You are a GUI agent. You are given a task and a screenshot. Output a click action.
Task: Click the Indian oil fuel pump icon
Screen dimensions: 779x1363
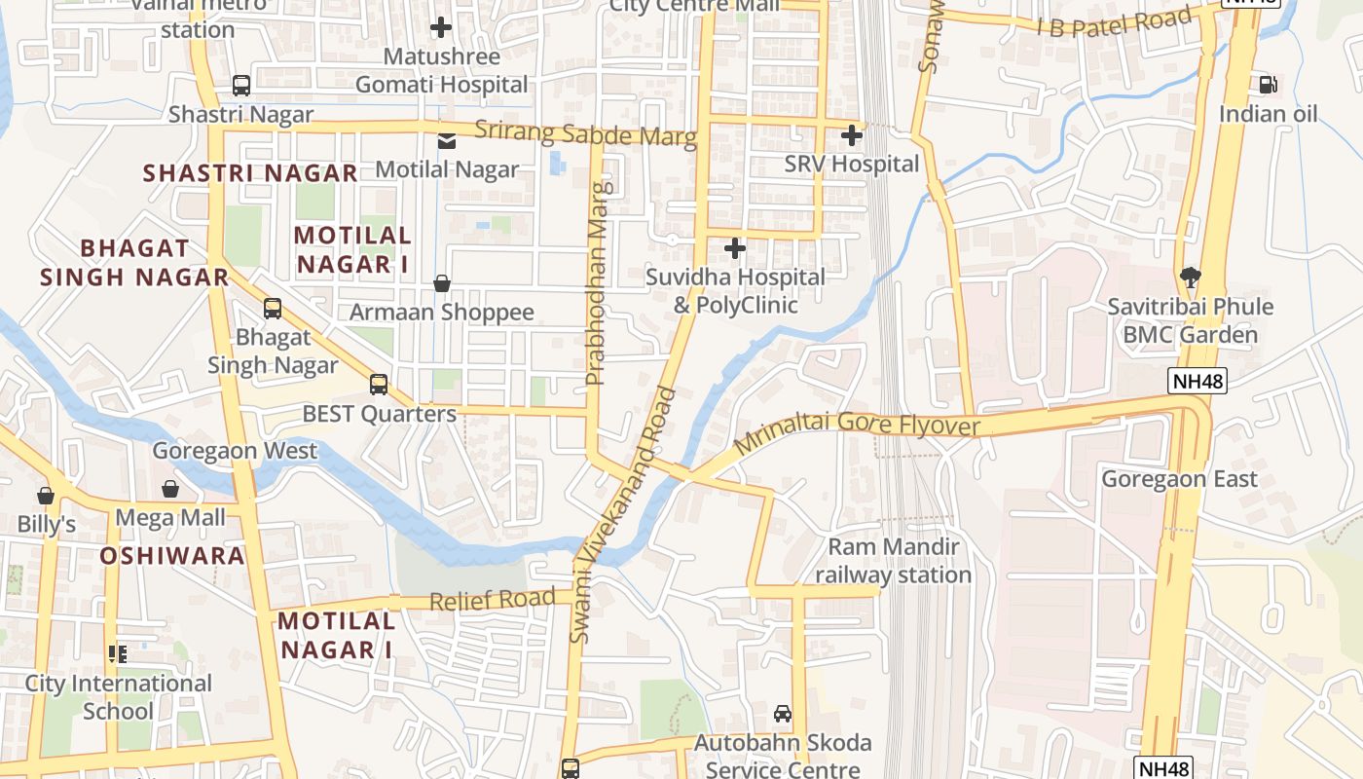1268,85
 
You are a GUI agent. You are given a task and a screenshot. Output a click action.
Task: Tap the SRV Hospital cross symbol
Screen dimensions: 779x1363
852,134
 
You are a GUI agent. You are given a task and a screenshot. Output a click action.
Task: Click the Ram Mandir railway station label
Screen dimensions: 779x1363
893,561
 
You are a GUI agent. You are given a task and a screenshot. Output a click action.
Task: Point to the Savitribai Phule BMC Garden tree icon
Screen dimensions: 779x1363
1190,278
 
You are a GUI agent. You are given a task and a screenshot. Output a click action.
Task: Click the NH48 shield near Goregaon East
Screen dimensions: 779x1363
1197,381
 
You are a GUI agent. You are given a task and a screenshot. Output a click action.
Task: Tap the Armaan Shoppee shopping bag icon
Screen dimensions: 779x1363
442,283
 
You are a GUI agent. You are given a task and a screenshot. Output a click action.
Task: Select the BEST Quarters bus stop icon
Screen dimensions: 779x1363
379,385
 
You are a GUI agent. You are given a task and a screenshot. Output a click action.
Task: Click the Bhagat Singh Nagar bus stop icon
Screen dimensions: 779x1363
273,309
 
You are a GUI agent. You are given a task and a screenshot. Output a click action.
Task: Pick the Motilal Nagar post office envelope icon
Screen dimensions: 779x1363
446,141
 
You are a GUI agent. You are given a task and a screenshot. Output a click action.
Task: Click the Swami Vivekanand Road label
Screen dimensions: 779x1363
623,516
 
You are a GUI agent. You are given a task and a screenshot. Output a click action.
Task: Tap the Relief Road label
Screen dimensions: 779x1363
493,600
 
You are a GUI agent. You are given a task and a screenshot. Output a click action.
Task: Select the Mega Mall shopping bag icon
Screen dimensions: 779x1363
170,489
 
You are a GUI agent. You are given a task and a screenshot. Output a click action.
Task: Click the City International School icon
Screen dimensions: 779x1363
118,654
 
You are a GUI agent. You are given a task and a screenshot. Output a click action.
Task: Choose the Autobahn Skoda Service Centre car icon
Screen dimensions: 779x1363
783,714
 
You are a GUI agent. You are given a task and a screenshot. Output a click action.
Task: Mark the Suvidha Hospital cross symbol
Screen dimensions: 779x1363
735,249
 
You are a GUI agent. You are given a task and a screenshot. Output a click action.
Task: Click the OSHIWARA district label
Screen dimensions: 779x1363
172,556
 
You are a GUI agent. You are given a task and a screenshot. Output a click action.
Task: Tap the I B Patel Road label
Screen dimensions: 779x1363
1114,22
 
